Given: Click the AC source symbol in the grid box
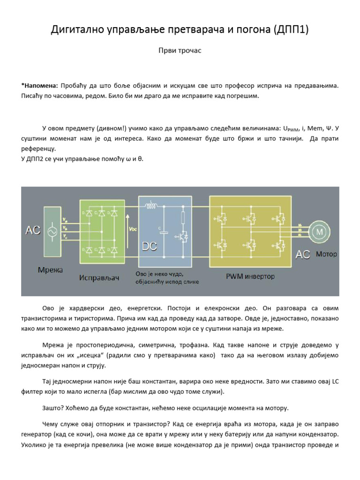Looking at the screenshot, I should coord(51,231).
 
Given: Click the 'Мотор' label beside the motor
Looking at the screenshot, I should coord(326,254).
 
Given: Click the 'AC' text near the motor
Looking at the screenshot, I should coord(303,255).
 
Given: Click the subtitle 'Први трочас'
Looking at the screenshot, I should coord(180,51).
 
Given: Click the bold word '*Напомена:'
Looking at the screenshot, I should coord(39,86).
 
